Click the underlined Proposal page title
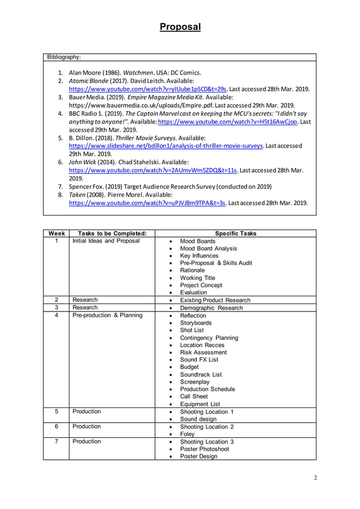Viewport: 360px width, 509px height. click(x=179, y=27)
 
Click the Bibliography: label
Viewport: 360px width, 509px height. click(x=64, y=58)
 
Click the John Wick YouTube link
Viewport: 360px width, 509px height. click(x=152, y=170)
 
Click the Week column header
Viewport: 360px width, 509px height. click(x=56, y=234)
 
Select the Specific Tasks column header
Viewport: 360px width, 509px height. click(x=235, y=234)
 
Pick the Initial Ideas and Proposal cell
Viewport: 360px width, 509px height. click(x=106, y=241)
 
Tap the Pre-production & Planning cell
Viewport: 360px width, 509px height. click(x=107, y=315)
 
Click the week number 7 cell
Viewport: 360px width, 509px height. click(x=56, y=441)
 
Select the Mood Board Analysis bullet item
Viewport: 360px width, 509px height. click(x=208, y=248)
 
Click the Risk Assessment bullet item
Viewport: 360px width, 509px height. click(x=203, y=352)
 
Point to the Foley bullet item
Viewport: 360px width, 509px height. click(x=187, y=434)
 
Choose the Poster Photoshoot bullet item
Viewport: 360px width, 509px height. click(x=204, y=449)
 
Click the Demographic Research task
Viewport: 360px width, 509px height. click(x=211, y=308)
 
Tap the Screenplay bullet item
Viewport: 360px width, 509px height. click(x=195, y=381)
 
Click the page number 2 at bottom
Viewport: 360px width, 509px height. click(x=315, y=478)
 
